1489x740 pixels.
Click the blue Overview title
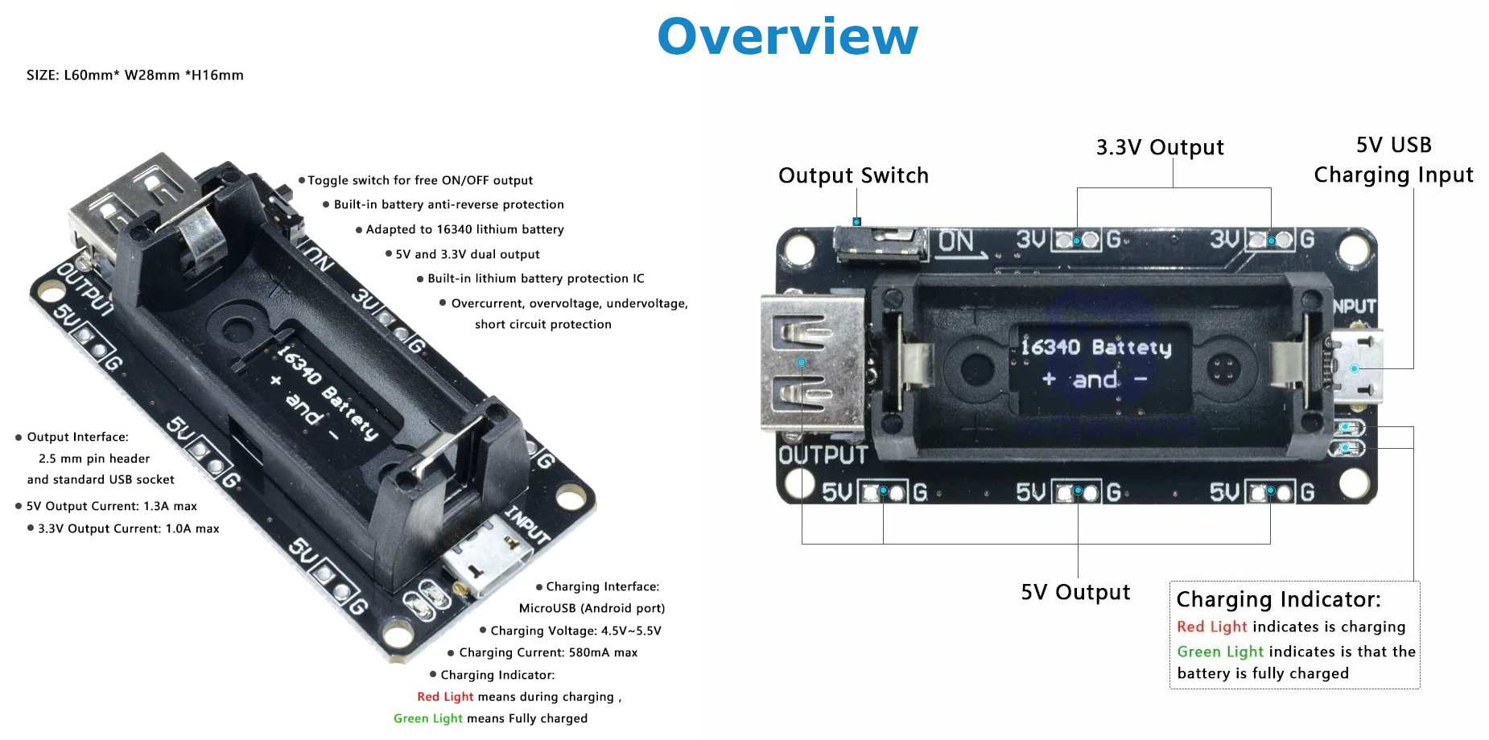click(787, 37)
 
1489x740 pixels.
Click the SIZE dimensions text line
click(135, 76)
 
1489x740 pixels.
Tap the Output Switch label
click(853, 175)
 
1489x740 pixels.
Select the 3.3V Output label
click(1160, 147)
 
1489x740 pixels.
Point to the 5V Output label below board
click(1075, 593)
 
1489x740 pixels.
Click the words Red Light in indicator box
click(1211, 627)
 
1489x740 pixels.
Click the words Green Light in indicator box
click(1219, 652)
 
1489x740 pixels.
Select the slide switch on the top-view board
click(880, 244)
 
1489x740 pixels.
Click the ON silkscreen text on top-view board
click(956, 240)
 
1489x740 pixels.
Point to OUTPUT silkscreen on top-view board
click(823, 455)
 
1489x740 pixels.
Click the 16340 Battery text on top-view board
click(1095, 347)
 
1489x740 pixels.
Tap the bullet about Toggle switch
click(419, 181)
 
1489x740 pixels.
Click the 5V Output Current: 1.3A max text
click(112, 507)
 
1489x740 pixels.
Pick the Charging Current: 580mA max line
click(547, 653)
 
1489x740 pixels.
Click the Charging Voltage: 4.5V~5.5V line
click(575, 631)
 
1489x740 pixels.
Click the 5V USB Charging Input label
click(1393, 160)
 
